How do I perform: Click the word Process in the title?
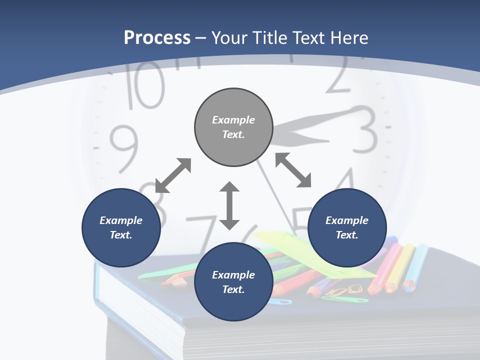coord(157,37)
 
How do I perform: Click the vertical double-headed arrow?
coord(229,205)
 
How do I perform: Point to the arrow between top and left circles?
coord(173,175)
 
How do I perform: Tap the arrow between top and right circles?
coord(293,170)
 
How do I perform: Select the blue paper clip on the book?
coord(279,301)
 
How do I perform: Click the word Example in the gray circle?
coord(233,120)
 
